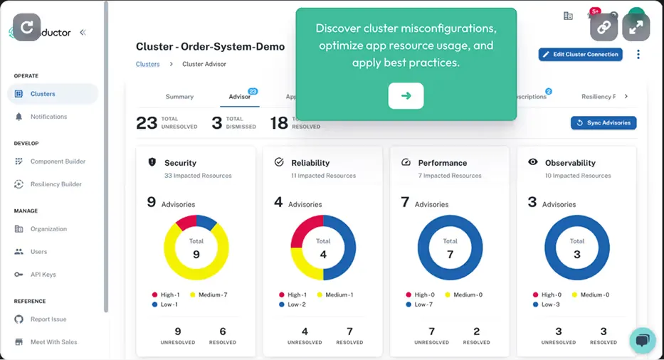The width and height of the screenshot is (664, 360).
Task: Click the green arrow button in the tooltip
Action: click(406, 96)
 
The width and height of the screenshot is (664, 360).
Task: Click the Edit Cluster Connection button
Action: click(580, 55)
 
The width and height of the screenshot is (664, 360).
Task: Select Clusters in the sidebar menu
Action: click(43, 94)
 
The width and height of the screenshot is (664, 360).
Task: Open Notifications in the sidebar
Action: click(48, 117)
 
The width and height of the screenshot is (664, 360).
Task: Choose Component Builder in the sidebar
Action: click(58, 162)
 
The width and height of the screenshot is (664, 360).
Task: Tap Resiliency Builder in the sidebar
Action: click(56, 184)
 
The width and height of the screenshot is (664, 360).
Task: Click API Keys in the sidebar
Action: click(43, 275)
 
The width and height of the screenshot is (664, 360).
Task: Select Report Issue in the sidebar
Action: click(48, 319)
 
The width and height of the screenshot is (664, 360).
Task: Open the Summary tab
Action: click(179, 97)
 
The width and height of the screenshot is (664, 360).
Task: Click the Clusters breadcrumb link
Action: click(148, 64)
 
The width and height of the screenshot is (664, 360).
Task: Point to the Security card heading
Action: click(180, 163)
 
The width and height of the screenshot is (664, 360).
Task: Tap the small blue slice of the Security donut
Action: click(208, 222)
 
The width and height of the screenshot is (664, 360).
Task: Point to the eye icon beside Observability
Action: click(532, 162)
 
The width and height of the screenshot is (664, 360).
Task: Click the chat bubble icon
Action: click(642, 340)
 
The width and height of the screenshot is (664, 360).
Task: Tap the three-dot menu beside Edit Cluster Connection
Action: click(638, 55)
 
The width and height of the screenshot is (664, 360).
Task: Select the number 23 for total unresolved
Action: click(147, 122)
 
